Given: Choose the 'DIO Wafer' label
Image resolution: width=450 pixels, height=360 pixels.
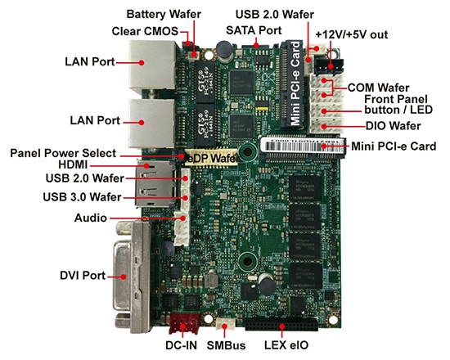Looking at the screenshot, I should pyautogui.click(x=393, y=126).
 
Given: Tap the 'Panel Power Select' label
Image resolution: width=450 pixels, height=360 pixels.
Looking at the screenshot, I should pyautogui.click(x=63, y=152).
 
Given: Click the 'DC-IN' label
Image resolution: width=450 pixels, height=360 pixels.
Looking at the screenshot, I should pyautogui.click(x=181, y=347).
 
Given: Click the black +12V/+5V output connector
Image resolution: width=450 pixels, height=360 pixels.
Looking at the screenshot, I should pyautogui.click(x=332, y=63).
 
